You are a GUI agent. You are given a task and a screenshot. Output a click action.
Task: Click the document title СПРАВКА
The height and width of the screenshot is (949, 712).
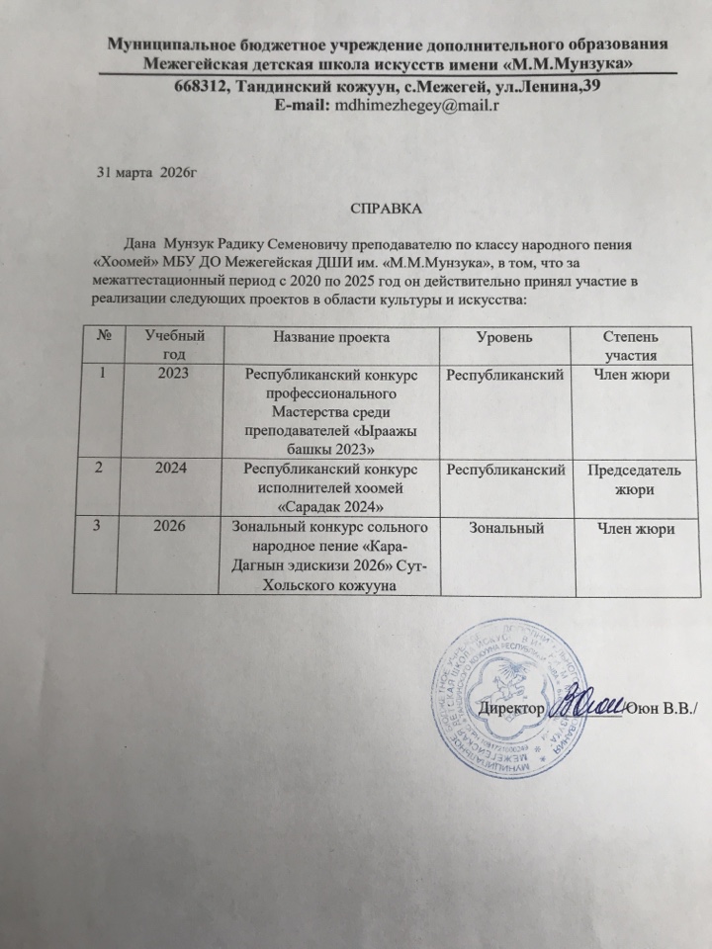point(384,210)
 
